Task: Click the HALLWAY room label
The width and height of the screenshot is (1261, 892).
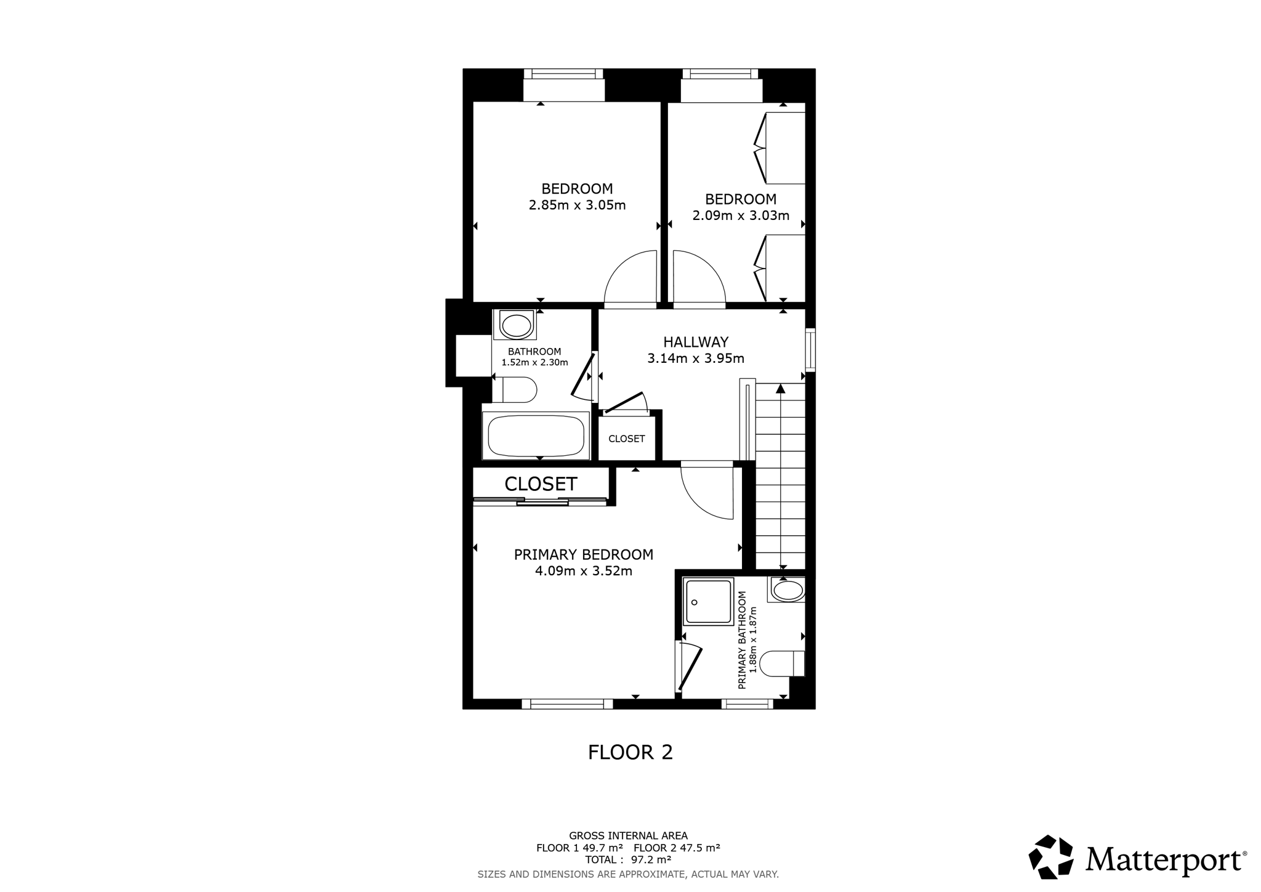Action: tap(696, 342)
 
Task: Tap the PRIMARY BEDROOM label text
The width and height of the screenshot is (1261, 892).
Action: tap(584, 554)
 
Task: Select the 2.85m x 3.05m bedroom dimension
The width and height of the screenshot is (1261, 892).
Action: tap(578, 205)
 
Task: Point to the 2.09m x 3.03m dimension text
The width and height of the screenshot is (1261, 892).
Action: tap(741, 216)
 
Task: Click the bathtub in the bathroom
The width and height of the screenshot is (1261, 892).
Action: tap(536, 435)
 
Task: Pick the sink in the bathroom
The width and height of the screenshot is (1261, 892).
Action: tap(515, 325)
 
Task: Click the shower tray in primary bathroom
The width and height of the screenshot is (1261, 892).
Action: tap(709, 601)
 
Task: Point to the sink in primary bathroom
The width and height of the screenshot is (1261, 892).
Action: tap(786, 590)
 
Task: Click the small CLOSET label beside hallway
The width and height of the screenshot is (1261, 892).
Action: tap(627, 439)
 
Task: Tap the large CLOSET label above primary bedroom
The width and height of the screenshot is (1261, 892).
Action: tap(541, 484)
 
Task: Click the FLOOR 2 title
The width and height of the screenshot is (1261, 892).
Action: tap(630, 752)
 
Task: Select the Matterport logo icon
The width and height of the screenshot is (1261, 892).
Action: tap(1051, 856)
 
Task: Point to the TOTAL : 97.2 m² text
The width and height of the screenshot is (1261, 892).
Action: tap(628, 859)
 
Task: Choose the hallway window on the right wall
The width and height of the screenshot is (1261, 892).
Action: tap(810, 350)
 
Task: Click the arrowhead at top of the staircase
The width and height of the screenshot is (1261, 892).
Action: tap(781, 389)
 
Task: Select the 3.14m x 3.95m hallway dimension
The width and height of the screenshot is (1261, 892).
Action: tap(696, 358)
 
